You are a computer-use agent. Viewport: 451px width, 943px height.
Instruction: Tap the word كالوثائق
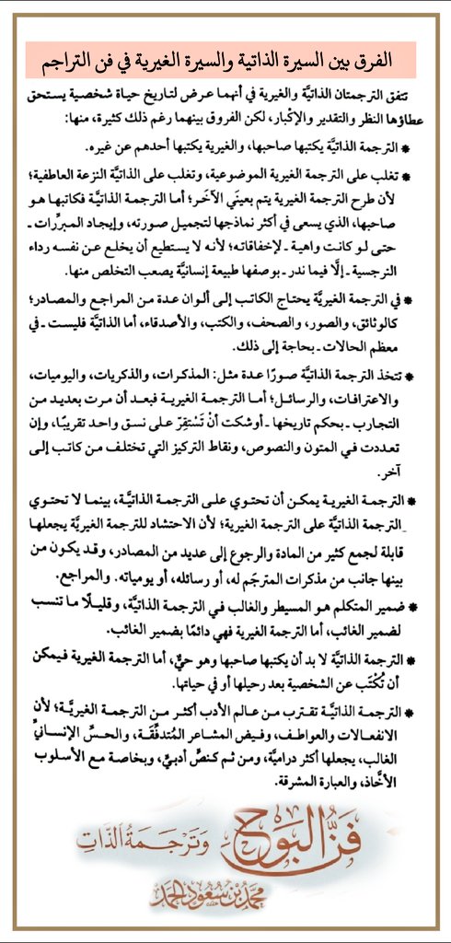point(387,321)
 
